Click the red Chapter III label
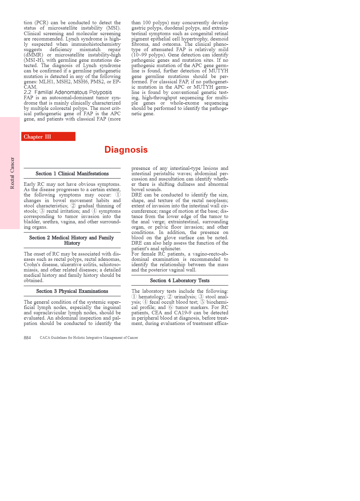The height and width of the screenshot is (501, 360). tap(38, 137)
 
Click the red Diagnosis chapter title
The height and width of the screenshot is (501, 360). tap(126, 150)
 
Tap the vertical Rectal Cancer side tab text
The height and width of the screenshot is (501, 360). tap(12, 173)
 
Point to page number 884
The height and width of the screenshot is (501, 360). tap(27, 338)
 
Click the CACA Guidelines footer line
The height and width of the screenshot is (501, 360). tap(89, 338)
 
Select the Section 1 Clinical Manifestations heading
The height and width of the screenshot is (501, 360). tap(72, 174)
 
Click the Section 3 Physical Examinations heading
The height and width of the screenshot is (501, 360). tap(72, 291)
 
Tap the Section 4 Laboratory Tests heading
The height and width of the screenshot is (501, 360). tap(180, 281)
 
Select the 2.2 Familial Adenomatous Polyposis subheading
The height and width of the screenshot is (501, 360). tap(68, 92)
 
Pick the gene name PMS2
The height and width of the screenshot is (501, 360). tap(97, 82)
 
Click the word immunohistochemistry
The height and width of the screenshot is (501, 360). tap(96, 44)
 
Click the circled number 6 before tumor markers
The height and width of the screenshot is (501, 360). tap(171, 308)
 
